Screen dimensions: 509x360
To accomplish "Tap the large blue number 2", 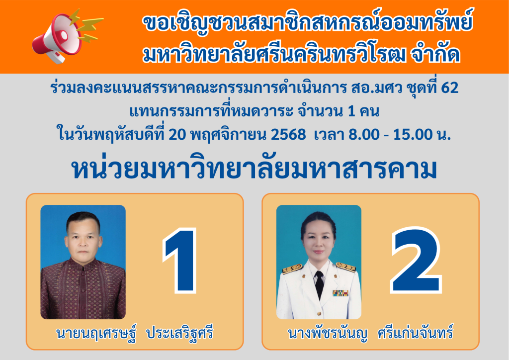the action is [416, 260].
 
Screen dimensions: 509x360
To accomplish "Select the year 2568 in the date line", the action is [288, 134].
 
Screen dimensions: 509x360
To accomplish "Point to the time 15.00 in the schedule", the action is [413, 134].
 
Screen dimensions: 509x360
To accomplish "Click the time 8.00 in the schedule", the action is [364, 134].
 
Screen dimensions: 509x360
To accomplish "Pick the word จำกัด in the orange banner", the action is [435, 54].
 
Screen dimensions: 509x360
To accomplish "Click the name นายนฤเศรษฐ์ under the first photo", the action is [96, 333].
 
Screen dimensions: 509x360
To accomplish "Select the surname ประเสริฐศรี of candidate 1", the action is [180, 333].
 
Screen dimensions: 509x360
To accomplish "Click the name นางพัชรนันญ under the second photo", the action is [328, 334].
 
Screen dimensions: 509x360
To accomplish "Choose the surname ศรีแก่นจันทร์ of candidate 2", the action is [415, 333].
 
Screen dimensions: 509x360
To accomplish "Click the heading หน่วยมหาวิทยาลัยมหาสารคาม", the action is [254, 169].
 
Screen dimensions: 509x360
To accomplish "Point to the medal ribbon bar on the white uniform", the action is [340, 293].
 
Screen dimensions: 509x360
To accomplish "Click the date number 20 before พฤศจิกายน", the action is [177, 134].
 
